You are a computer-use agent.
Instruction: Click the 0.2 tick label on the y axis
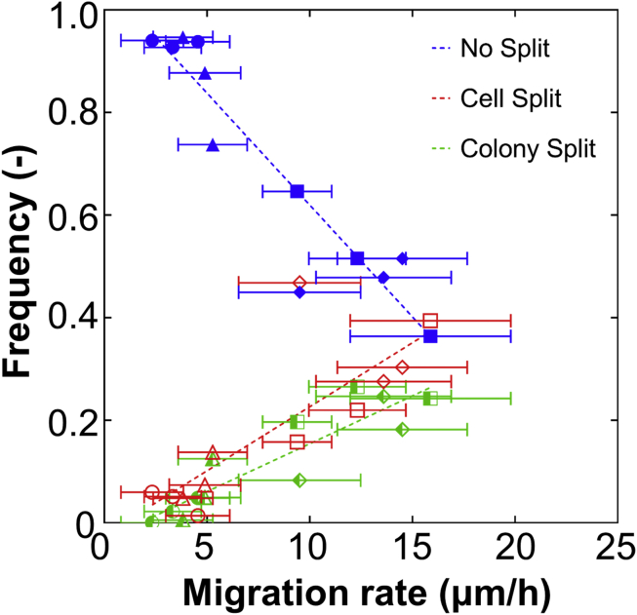point(61,420)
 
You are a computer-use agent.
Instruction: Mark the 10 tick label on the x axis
point(309,548)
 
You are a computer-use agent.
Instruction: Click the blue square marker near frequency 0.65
point(298,191)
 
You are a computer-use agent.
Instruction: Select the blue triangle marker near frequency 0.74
point(213,145)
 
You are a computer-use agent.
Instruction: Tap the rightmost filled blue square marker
point(430,336)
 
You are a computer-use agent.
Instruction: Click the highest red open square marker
point(430,321)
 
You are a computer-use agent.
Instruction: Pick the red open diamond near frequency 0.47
point(299,283)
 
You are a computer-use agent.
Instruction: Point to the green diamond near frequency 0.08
point(299,480)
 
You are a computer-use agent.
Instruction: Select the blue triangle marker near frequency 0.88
point(205,73)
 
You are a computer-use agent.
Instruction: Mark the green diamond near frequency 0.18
point(402,429)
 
